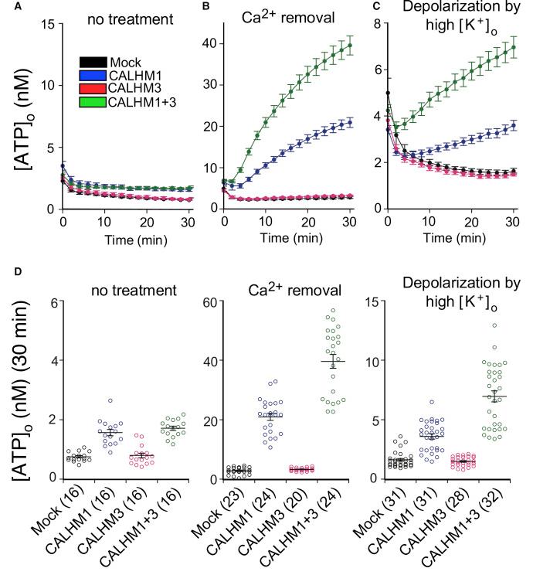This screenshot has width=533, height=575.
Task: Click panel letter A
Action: coord(5,6)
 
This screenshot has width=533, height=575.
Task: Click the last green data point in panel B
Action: coord(350,45)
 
